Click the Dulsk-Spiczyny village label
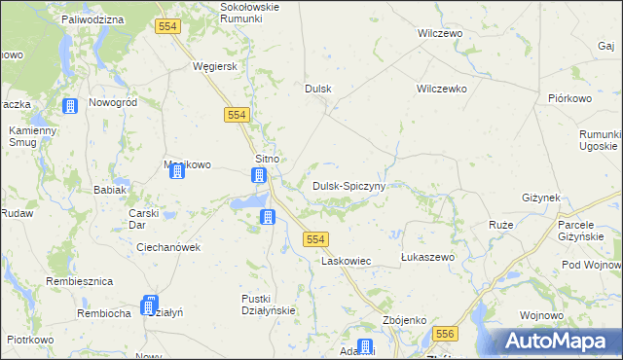348,185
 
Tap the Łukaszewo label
428,257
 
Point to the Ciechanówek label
168,247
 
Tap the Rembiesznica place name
80,281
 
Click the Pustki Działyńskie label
268,305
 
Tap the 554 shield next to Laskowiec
314,239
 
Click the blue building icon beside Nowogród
70,106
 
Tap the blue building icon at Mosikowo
177,172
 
